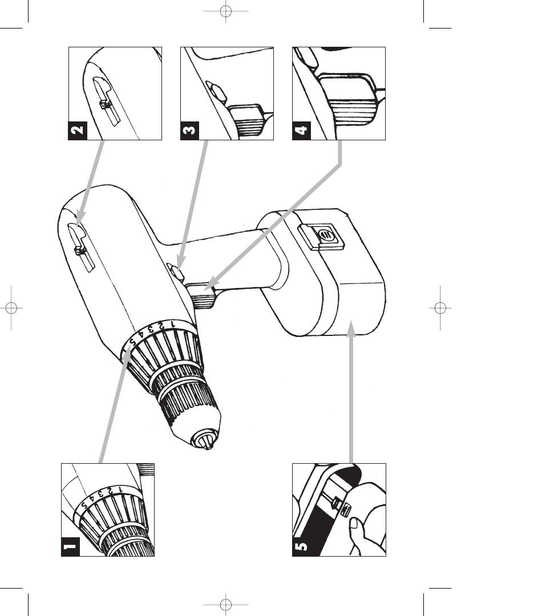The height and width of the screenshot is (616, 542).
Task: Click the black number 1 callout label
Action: click(x=70, y=547)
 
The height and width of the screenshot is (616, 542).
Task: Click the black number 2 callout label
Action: click(x=78, y=131)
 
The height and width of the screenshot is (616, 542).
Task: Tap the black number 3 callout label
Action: click(x=190, y=131)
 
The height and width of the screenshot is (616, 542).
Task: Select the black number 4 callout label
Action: click(x=301, y=131)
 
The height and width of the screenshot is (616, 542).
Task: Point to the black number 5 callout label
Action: click(x=301, y=547)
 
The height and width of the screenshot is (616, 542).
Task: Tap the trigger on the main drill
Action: click(x=201, y=296)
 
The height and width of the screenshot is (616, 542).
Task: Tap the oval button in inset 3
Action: click(x=216, y=93)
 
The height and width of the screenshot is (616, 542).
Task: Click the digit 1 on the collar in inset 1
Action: click(x=120, y=491)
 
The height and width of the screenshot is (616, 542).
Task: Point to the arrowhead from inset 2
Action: click(x=80, y=217)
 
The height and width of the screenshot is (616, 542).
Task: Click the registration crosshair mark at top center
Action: click(x=225, y=11)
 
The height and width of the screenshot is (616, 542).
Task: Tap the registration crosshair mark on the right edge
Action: click(x=440, y=308)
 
